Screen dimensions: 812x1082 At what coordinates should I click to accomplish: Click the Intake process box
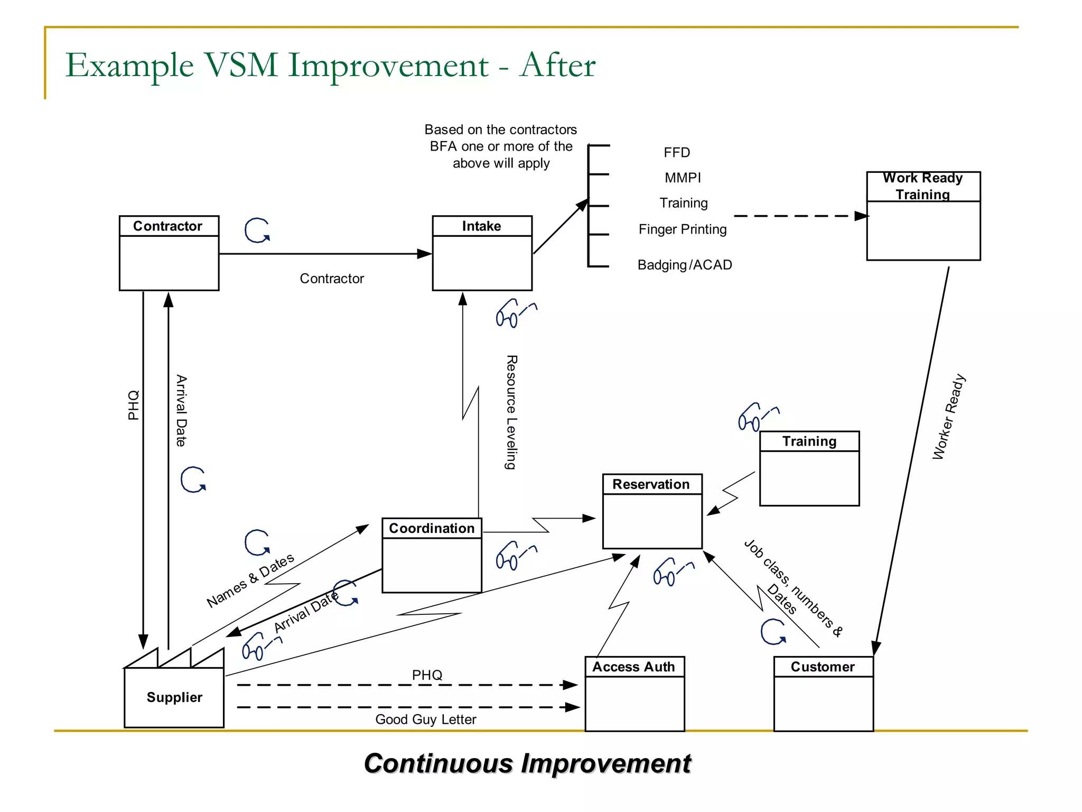(482, 253)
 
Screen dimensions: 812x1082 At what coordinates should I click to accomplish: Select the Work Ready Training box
(923, 216)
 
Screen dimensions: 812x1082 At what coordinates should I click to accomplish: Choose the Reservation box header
(651, 484)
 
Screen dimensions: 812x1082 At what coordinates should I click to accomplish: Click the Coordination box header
(432, 528)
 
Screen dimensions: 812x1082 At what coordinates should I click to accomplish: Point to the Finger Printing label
(682, 229)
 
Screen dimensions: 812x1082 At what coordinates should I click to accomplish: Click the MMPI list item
(683, 178)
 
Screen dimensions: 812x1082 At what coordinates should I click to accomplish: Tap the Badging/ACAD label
(685, 265)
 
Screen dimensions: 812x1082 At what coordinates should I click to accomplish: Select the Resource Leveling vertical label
(511, 412)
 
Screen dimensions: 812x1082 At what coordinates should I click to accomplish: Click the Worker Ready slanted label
(948, 417)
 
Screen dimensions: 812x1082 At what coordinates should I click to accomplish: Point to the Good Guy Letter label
(425, 719)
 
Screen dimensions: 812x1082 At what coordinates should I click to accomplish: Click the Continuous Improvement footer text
(527, 764)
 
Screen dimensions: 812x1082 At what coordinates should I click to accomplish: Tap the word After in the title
(557, 65)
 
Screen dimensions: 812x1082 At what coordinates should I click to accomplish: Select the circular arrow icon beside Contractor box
(257, 230)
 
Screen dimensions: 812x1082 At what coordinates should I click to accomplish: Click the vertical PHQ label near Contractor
(134, 405)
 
